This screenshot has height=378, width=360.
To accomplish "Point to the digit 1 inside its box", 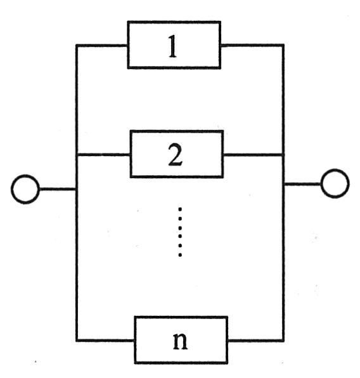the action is pyautogui.click(x=172, y=46).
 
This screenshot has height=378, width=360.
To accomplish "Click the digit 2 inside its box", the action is pyautogui.click(x=176, y=155).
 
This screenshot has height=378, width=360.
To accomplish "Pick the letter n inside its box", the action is pyautogui.click(x=180, y=341).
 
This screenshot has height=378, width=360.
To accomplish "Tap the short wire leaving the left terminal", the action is pyautogui.click(x=57, y=189).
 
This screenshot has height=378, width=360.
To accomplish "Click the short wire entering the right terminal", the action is pyautogui.click(x=303, y=184).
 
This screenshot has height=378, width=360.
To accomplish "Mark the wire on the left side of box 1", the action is pyautogui.click(x=101, y=45).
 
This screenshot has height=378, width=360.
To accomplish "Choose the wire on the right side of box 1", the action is pyautogui.click(x=252, y=45).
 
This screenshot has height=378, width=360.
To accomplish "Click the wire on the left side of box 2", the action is pyautogui.click(x=103, y=155).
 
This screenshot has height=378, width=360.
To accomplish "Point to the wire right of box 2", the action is pyautogui.click(x=254, y=155).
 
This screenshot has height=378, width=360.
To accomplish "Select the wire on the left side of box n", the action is pyautogui.click(x=105, y=340).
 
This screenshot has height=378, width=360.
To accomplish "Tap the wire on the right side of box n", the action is pyautogui.click(x=256, y=341).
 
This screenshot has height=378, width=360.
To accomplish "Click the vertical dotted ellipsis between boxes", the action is pyautogui.click(x=180, y=231).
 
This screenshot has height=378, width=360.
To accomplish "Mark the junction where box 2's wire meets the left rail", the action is pyautogui.click(x=77, y=155).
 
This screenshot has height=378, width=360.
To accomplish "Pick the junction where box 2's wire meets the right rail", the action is pyautogui.click(x=283, y=155).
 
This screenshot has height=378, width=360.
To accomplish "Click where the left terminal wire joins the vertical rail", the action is pyautogui.click(x=77, y=189).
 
